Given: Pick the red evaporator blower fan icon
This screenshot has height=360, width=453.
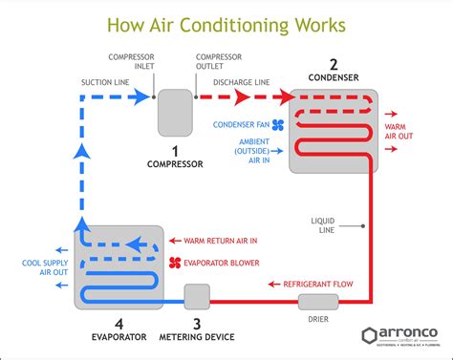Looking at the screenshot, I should pyautogui.click(x=175, y=262).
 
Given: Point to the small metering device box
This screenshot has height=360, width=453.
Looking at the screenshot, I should pyautogui.click(x=197, y=297).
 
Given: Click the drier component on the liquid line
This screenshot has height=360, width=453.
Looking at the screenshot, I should pyautogui.click(x=313, y=303).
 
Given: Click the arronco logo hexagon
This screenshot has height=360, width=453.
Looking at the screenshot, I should pyautogui.click(x=370, y=336).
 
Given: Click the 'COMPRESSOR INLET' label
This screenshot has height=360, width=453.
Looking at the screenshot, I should pyautogui.click(x=130, y=61).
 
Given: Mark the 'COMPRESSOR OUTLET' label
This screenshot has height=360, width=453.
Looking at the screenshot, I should pyautogui.click(x=217, y=61).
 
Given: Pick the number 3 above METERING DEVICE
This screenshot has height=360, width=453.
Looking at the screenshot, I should pyautogui.click(x=198, y=324).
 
